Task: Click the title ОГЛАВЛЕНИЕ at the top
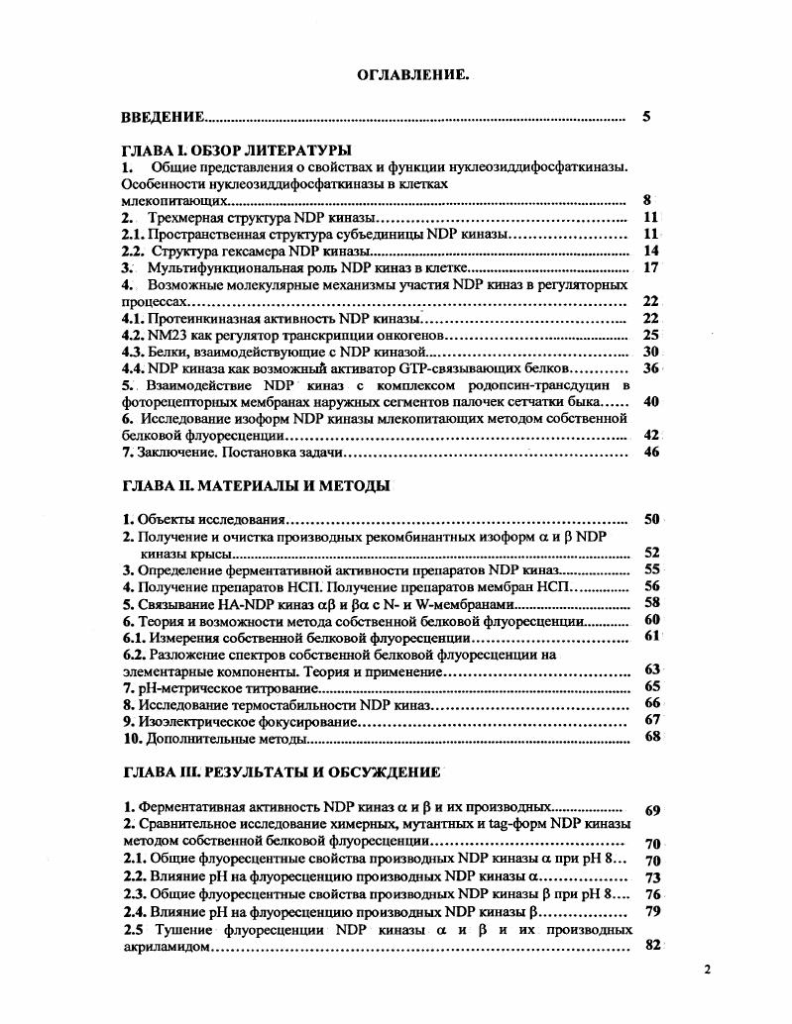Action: pyautogui.click(x=412, y=74)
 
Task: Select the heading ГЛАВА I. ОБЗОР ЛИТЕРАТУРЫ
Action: pyautogui.click(x=230, y=150)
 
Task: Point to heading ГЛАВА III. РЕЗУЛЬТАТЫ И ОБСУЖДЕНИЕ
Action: pyautogui.click(x=281, y=770)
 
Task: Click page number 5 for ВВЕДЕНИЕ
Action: pyautogui.click(x=646, y=117)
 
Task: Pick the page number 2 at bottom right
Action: pyautogui.click(x=708, y=971)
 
